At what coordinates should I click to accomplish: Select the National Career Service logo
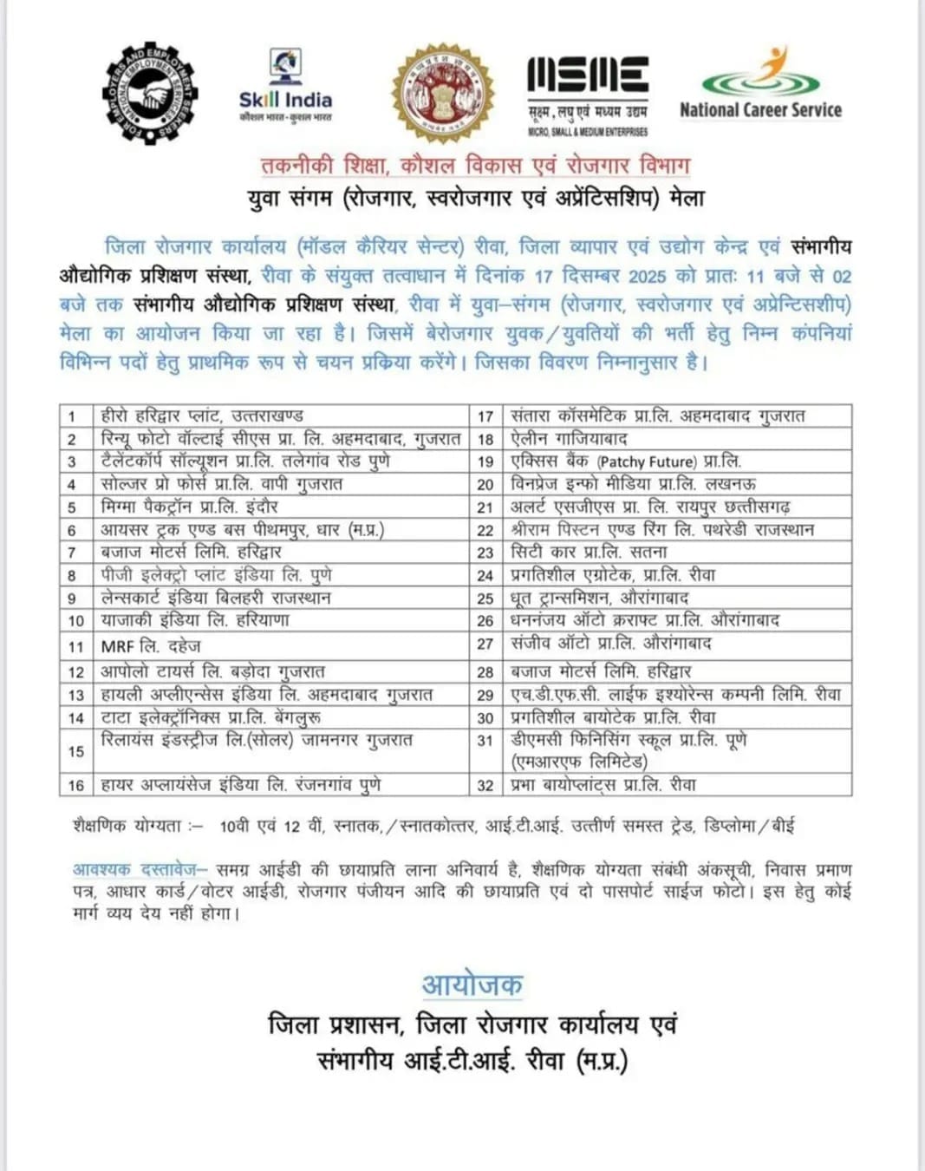[760, 86]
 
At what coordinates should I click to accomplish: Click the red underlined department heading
[475, 165]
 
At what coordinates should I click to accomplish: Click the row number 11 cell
[76, 646]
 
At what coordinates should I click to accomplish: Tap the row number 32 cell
[485, 785]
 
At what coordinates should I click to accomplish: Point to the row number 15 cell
[76, 751]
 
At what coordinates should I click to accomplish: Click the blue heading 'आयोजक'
[472, 985]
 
